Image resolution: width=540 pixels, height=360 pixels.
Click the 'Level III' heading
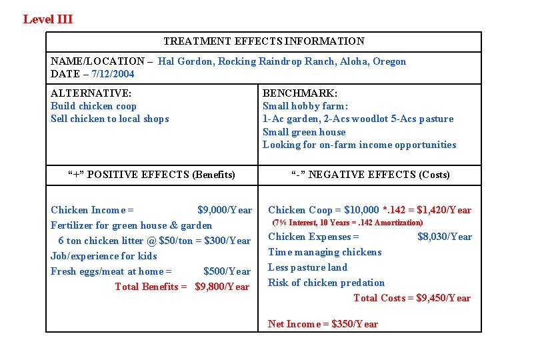point(48,19)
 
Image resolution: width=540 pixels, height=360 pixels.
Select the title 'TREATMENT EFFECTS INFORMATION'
point(264,41)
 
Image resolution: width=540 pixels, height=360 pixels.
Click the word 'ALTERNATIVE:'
point(91,93)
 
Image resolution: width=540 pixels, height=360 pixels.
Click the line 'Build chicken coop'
point(93,106)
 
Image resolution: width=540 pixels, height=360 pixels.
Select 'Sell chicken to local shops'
point(110,119)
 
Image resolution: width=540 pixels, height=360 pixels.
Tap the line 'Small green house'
point(304,132)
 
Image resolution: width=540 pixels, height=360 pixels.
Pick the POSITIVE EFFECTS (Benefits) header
point(152,175)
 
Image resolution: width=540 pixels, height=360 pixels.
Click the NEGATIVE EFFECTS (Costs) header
point(371,175)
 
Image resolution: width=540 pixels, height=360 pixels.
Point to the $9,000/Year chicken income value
point(225,210)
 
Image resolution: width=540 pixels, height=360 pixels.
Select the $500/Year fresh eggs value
point(227,271)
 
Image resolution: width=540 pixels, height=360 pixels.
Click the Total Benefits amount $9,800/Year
point(222,287)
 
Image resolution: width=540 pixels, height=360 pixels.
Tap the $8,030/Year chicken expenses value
point(444,237)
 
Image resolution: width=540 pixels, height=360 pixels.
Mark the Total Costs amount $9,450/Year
point(443,298)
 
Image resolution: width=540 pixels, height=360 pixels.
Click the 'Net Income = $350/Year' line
point(323,324)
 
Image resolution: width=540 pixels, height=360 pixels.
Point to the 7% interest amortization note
point(347,223)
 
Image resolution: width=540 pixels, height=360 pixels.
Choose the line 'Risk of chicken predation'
point(326,283)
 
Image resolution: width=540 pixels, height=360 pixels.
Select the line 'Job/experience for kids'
point(104,256)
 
